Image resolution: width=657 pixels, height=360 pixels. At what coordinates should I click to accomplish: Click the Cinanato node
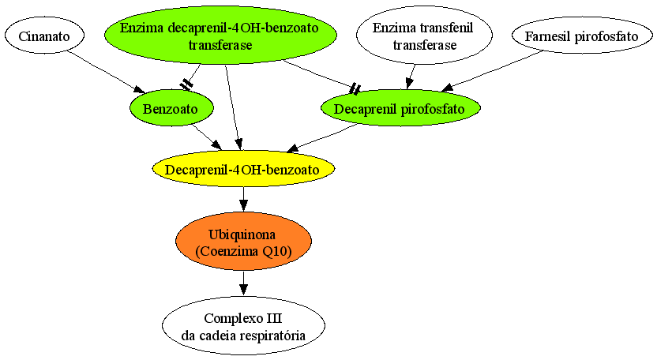pyautogui.click(x=44, y=36)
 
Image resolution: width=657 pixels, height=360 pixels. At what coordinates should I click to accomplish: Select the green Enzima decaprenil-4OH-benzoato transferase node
pyautogui.click(x=220, y=36)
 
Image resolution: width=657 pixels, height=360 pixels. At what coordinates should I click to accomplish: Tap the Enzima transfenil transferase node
pyautogui.click(x=424, y=36)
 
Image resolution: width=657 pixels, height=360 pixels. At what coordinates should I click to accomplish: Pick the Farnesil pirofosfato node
pyautogui.click(x=582, y=36)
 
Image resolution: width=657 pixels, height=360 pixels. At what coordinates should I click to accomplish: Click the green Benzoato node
pyautogui.click(x=171, y=108)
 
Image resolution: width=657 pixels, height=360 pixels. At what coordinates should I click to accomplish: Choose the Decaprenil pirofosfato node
pyautogui.click(x=400, y=108)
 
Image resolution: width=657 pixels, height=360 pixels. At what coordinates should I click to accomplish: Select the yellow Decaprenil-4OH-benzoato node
pyautogui.click(x=243, y=169)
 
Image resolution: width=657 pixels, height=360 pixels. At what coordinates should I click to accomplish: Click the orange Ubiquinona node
pyautogui.click(x=243, y=242)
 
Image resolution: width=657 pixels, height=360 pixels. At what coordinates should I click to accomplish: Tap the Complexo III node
pyautogui.click(x=243, y=326)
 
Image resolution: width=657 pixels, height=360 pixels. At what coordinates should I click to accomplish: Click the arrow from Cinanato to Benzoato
pyautogui.click(x=107, y=72)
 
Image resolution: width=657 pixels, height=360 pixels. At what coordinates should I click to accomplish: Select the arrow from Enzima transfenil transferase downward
pyautogui.click(x=411, y=77)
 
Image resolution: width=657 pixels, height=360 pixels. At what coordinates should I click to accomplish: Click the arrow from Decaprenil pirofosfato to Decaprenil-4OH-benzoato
pyautogui.click(x=322, y=137)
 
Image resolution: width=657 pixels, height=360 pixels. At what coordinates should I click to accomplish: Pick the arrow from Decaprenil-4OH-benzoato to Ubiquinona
pyautogui.click(x=243, y=200)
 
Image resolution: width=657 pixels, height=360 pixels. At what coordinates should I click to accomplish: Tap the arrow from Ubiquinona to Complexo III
pyautogui.click(x=243, y=283)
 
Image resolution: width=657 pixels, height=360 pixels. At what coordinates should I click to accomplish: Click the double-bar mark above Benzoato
pyautogui.click(x=186, y=84)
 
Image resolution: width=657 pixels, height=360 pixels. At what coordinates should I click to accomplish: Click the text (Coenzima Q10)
pyautogui.click(x=243, y=251)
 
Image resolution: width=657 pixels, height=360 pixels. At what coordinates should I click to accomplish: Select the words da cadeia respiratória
pyautogui.click(x=243, y=336)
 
